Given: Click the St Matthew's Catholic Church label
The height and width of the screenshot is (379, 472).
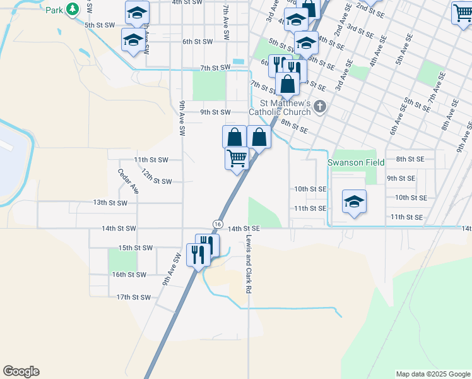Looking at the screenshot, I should click(281, 107).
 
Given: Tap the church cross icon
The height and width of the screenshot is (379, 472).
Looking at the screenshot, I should click(320, 106).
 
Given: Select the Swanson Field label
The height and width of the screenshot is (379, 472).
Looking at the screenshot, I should click(356, 162).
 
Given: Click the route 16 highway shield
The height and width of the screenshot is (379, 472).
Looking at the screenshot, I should click(217, 224).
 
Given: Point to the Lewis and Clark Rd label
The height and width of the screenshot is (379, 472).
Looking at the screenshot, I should click(249, 264).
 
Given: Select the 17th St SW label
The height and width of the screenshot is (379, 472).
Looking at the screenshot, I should click(133, 297).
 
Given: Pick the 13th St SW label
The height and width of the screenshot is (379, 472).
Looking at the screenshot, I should click(110, 203).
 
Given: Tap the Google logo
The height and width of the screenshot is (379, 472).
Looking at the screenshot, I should click(21, 371).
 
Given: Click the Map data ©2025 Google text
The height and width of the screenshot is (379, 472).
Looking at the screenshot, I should click(432, 374).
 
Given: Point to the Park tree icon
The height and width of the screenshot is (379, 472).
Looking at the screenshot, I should click(73, 9).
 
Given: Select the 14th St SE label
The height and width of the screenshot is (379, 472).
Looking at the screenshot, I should click(244, 228).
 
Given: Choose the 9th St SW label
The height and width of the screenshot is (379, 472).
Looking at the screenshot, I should click(215, 112).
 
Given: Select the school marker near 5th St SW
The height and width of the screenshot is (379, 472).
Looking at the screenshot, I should click(133, 40).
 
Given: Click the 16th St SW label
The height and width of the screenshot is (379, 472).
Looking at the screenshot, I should click(129, 275).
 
